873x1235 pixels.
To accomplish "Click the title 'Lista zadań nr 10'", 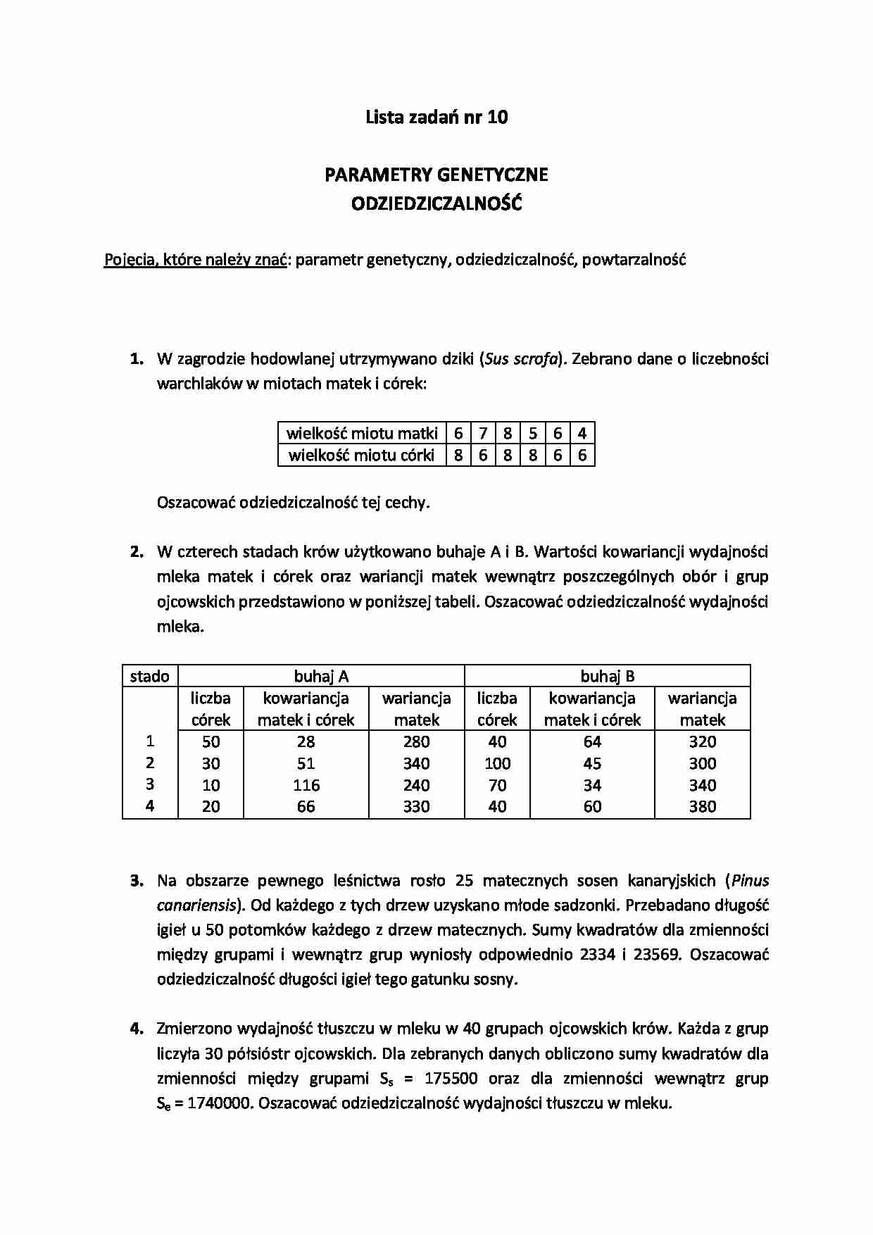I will [436, 117].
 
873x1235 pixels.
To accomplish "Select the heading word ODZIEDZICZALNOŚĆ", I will [436, 204].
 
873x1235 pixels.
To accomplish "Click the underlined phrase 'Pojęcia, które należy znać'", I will [195, 260].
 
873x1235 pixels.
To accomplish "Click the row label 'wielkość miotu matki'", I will [362, 433].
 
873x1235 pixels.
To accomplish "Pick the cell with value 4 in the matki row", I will [582, 433].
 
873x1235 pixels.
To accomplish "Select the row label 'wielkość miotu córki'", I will [362, 455].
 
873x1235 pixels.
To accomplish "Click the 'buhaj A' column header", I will [321, 676].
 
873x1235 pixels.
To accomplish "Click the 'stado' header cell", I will [150, 676].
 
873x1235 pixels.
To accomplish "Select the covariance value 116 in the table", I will [306, 785].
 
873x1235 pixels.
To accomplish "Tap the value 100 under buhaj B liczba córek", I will [497, 763].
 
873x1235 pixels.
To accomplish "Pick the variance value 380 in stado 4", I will [702, 807].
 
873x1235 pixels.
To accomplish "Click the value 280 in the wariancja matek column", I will [416, 741].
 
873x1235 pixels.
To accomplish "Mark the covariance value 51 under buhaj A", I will [306, 763].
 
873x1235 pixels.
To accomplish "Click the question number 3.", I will [137, 880].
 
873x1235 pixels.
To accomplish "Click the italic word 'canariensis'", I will [196, 905].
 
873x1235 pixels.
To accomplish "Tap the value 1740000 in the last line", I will [217, 1103].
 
